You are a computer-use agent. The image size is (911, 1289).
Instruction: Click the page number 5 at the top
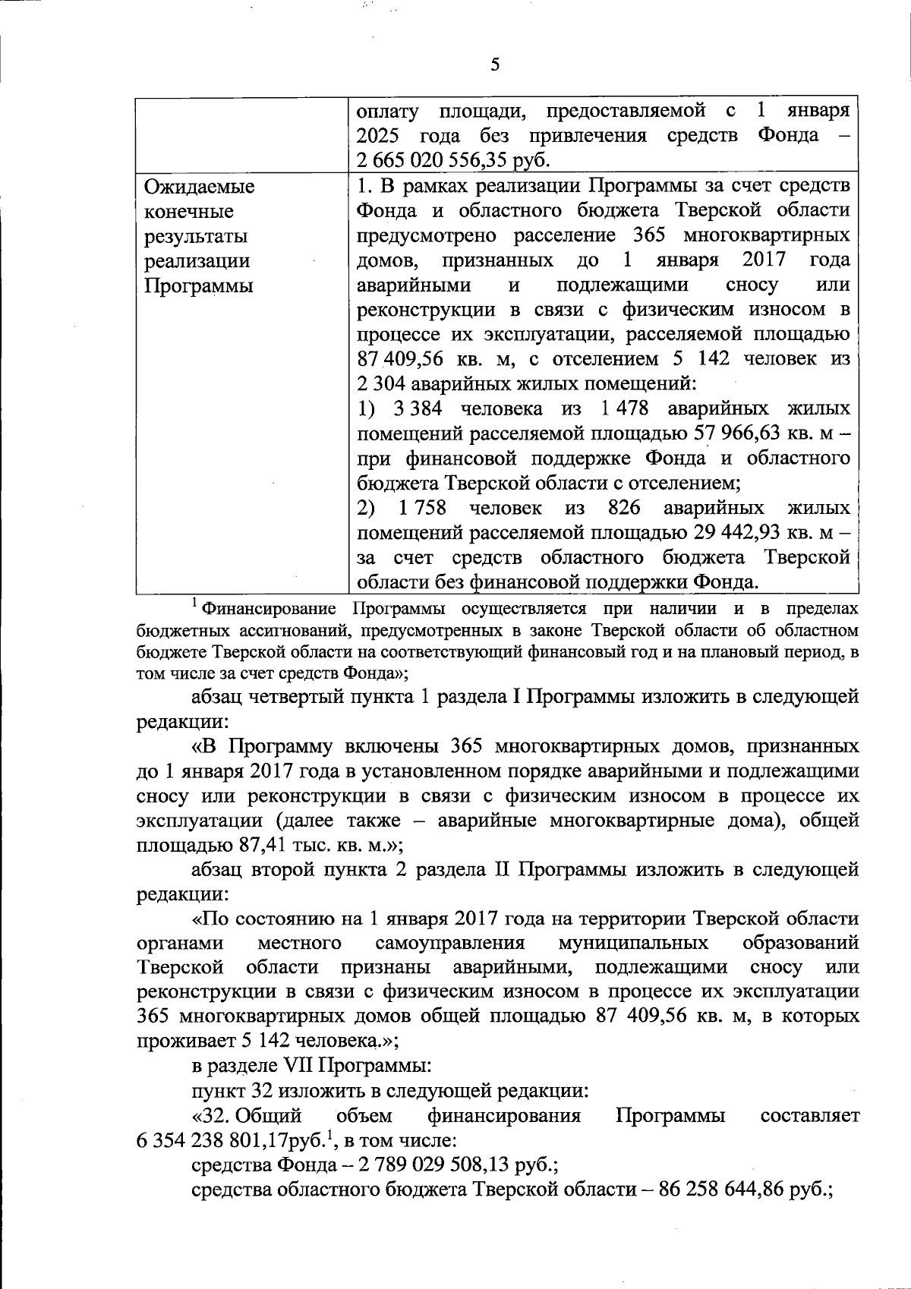pyautogui.click(x=494, y=65)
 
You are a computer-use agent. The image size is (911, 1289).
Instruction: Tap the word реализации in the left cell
pyautogui.click(x=197, y=261)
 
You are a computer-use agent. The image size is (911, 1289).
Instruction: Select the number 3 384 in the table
pyautogui.click(x=418, y=409)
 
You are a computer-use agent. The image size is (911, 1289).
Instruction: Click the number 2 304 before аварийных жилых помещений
pyautogui.click(x=383, y=384)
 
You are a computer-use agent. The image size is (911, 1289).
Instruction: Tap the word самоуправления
pyautogui.click(x=450, y=944)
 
